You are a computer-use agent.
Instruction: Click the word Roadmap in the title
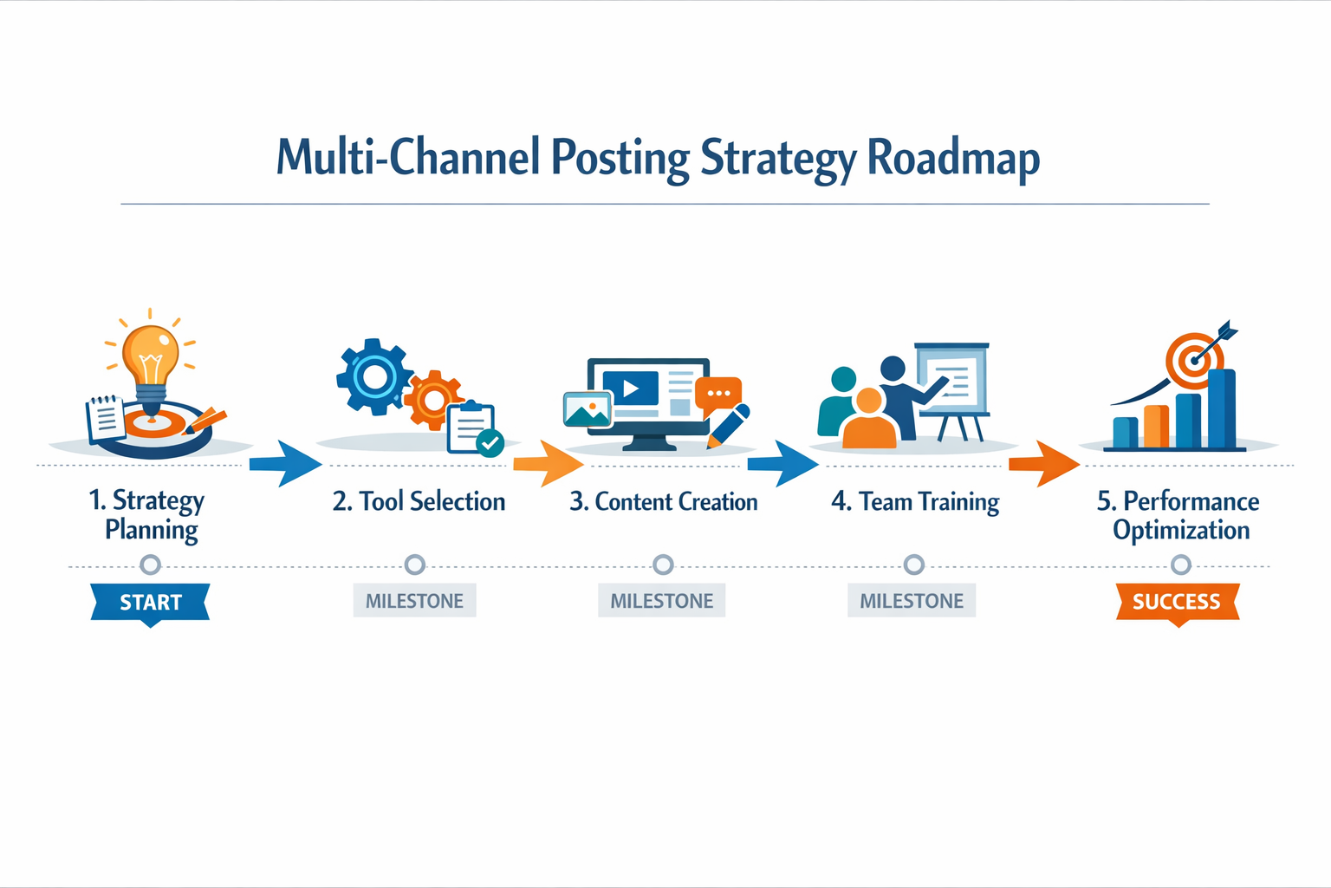pos(953,158)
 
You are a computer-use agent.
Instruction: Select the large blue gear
pos(373,377)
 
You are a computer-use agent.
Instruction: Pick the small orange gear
pos(432,400)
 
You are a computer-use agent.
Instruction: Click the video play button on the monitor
pos(630,389)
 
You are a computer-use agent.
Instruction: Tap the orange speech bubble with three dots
pos(718,394)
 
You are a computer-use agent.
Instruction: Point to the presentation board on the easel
pos(951,379)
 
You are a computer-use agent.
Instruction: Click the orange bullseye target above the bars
pos(1194,359)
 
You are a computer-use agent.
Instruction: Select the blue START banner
pos(150,602)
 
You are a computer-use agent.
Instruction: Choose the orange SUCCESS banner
pos(1177,602)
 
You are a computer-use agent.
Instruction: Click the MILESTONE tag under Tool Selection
pos(414,601)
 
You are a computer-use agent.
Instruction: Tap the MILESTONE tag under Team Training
pos(912,601)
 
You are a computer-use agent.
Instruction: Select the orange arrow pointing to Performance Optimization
pos(1043,464)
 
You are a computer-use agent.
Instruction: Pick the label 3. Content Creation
pos(663,501)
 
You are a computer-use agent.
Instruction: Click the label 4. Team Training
pos(915,501)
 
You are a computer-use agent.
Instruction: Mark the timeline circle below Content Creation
pos(663,565)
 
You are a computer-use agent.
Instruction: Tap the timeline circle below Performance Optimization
pos(1180,565)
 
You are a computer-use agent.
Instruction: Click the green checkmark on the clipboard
pos(490,443)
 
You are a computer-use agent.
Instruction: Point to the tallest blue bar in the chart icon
pos(1222,408)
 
